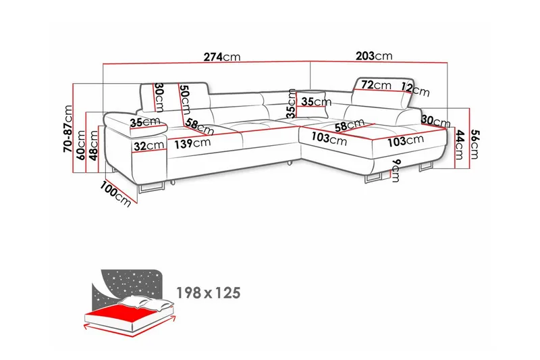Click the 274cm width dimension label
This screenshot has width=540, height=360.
[222, 57]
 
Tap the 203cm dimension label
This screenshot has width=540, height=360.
[374, 55]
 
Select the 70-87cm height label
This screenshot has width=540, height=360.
[68, 129]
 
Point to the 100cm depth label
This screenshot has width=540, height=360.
[115, 194]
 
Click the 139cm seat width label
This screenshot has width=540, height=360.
[192, 143]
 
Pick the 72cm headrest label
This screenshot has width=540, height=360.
[376, 84]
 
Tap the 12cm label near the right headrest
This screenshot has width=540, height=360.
[415, 89]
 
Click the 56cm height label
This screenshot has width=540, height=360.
[475, 144]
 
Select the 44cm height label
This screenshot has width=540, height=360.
[460, 145]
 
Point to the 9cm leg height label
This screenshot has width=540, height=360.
[396, 171]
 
